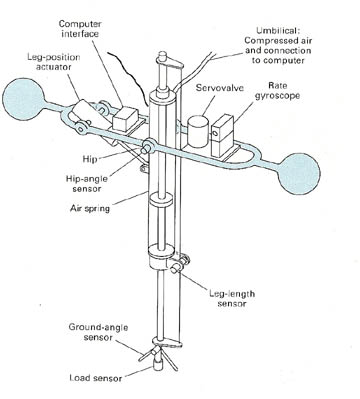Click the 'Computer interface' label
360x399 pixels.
[x=80, y=29]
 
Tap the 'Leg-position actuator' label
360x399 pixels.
[x=54, y=62]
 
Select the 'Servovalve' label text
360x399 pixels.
[x=220, y=88]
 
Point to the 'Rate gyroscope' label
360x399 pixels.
[x=277, y=91]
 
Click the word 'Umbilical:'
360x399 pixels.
[x=278, y=31]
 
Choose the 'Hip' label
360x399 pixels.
[x=90, y=159]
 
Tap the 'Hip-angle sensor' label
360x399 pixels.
[x=87, y=183]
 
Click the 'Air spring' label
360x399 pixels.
[x=90, y=209]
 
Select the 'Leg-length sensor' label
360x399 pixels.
[x=232, y=298]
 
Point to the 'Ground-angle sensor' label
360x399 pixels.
[x=98, y=332]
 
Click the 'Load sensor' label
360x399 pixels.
[x=96, y=378]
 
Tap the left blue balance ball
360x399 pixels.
[x=23, y=99]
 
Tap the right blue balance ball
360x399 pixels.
[x=299, y=173]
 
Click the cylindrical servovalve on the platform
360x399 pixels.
[x=198, y=132]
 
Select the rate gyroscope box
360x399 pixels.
[x=223, y=136]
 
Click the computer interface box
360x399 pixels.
[x=125, y=118]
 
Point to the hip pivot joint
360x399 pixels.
[x=148, y=147]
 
